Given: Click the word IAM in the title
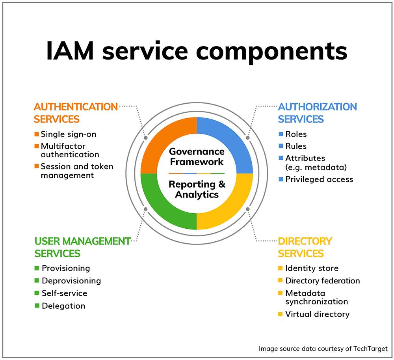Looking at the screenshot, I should (x=70, y=51).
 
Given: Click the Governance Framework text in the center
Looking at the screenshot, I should (x=197, y=157).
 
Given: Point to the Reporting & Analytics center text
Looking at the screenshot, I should (x=197, y=189).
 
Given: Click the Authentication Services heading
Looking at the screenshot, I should (x=76, y=113).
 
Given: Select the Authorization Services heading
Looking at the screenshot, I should (x=317, y=113).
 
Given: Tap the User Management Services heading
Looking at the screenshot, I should (x=82, y=247).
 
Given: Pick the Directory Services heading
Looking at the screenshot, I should (x=305, y=247).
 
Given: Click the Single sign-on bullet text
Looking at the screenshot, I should (x=69, y=134).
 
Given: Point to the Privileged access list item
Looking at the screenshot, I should (x=319, y=179).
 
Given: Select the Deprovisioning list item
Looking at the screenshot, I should (x=71, y=281).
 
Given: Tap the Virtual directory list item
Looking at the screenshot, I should (x=317, y=314).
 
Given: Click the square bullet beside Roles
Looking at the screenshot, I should (x=281, y=134).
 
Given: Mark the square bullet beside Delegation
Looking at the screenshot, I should (x=37, y=306).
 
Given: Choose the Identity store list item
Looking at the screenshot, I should (x=312, y=268).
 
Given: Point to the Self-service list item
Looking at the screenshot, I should (x=64, y=293).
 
